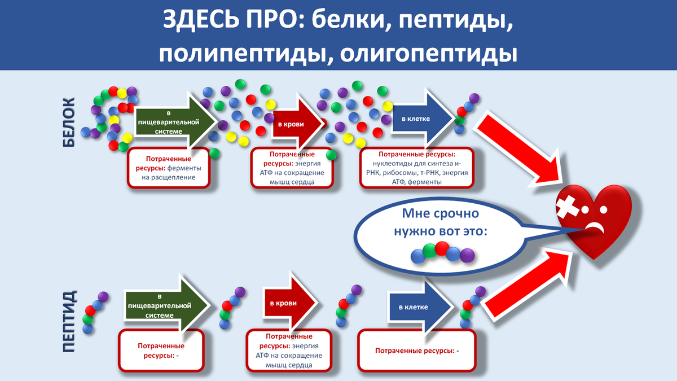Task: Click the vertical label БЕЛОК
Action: pyautogui.click(x=69, y=122)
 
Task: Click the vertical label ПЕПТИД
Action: pyautogui.click(x=69, y=321)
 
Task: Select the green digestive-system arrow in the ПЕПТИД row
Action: pyautogui.click(x=167, y=305)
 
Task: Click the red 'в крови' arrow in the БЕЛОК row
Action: pyautogui.click(x=298, y=124)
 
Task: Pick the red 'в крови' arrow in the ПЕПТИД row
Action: pyautogui.click(x=290, y=303)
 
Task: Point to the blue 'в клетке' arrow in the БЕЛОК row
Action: pyautogui.click(x=423, y=119)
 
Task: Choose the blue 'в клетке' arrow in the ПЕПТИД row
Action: pyautogui.click(x=421, y=307)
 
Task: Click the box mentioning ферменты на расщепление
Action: pyautogui.click(x=169, y=168)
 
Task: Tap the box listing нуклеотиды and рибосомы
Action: pyautogui.click(x=417, y=168)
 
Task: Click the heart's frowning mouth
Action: pyautogui.click(x=595, y=227)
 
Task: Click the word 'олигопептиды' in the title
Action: pyautogui.click(x=429, y=54)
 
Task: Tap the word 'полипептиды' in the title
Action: pyautogui.click(x=243, y=54)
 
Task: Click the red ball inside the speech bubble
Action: pyautogui.click(x=442, y=248)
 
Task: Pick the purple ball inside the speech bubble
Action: pyautogui.click(x=467, y=255)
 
